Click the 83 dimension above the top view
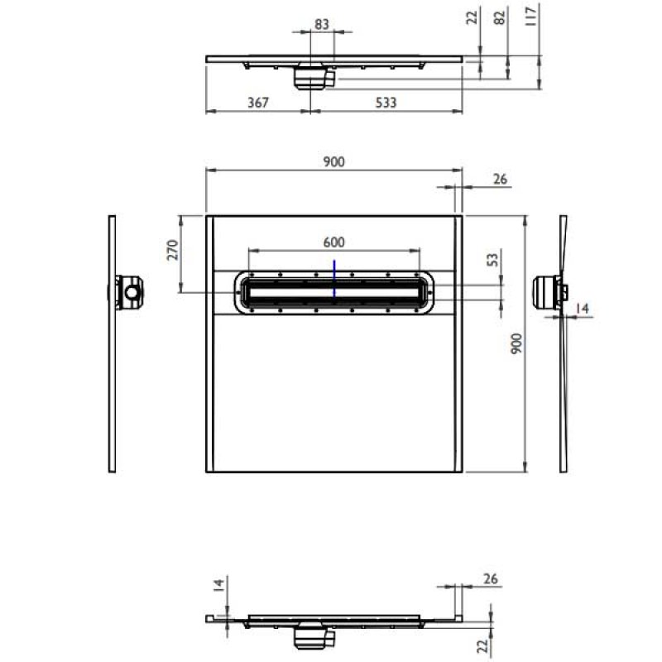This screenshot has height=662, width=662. [322, 25]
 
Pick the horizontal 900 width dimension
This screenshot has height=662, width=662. [333, 162]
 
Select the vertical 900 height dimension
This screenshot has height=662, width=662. [516, 344]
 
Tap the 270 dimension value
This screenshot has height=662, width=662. [174, 251]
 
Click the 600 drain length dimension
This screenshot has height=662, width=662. [333, 242]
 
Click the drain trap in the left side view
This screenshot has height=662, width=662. [130, 293]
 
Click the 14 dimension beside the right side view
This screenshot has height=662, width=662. [583, 309]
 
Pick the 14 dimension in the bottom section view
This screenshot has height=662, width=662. [218, 586]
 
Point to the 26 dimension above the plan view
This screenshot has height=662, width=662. [499, 179]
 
